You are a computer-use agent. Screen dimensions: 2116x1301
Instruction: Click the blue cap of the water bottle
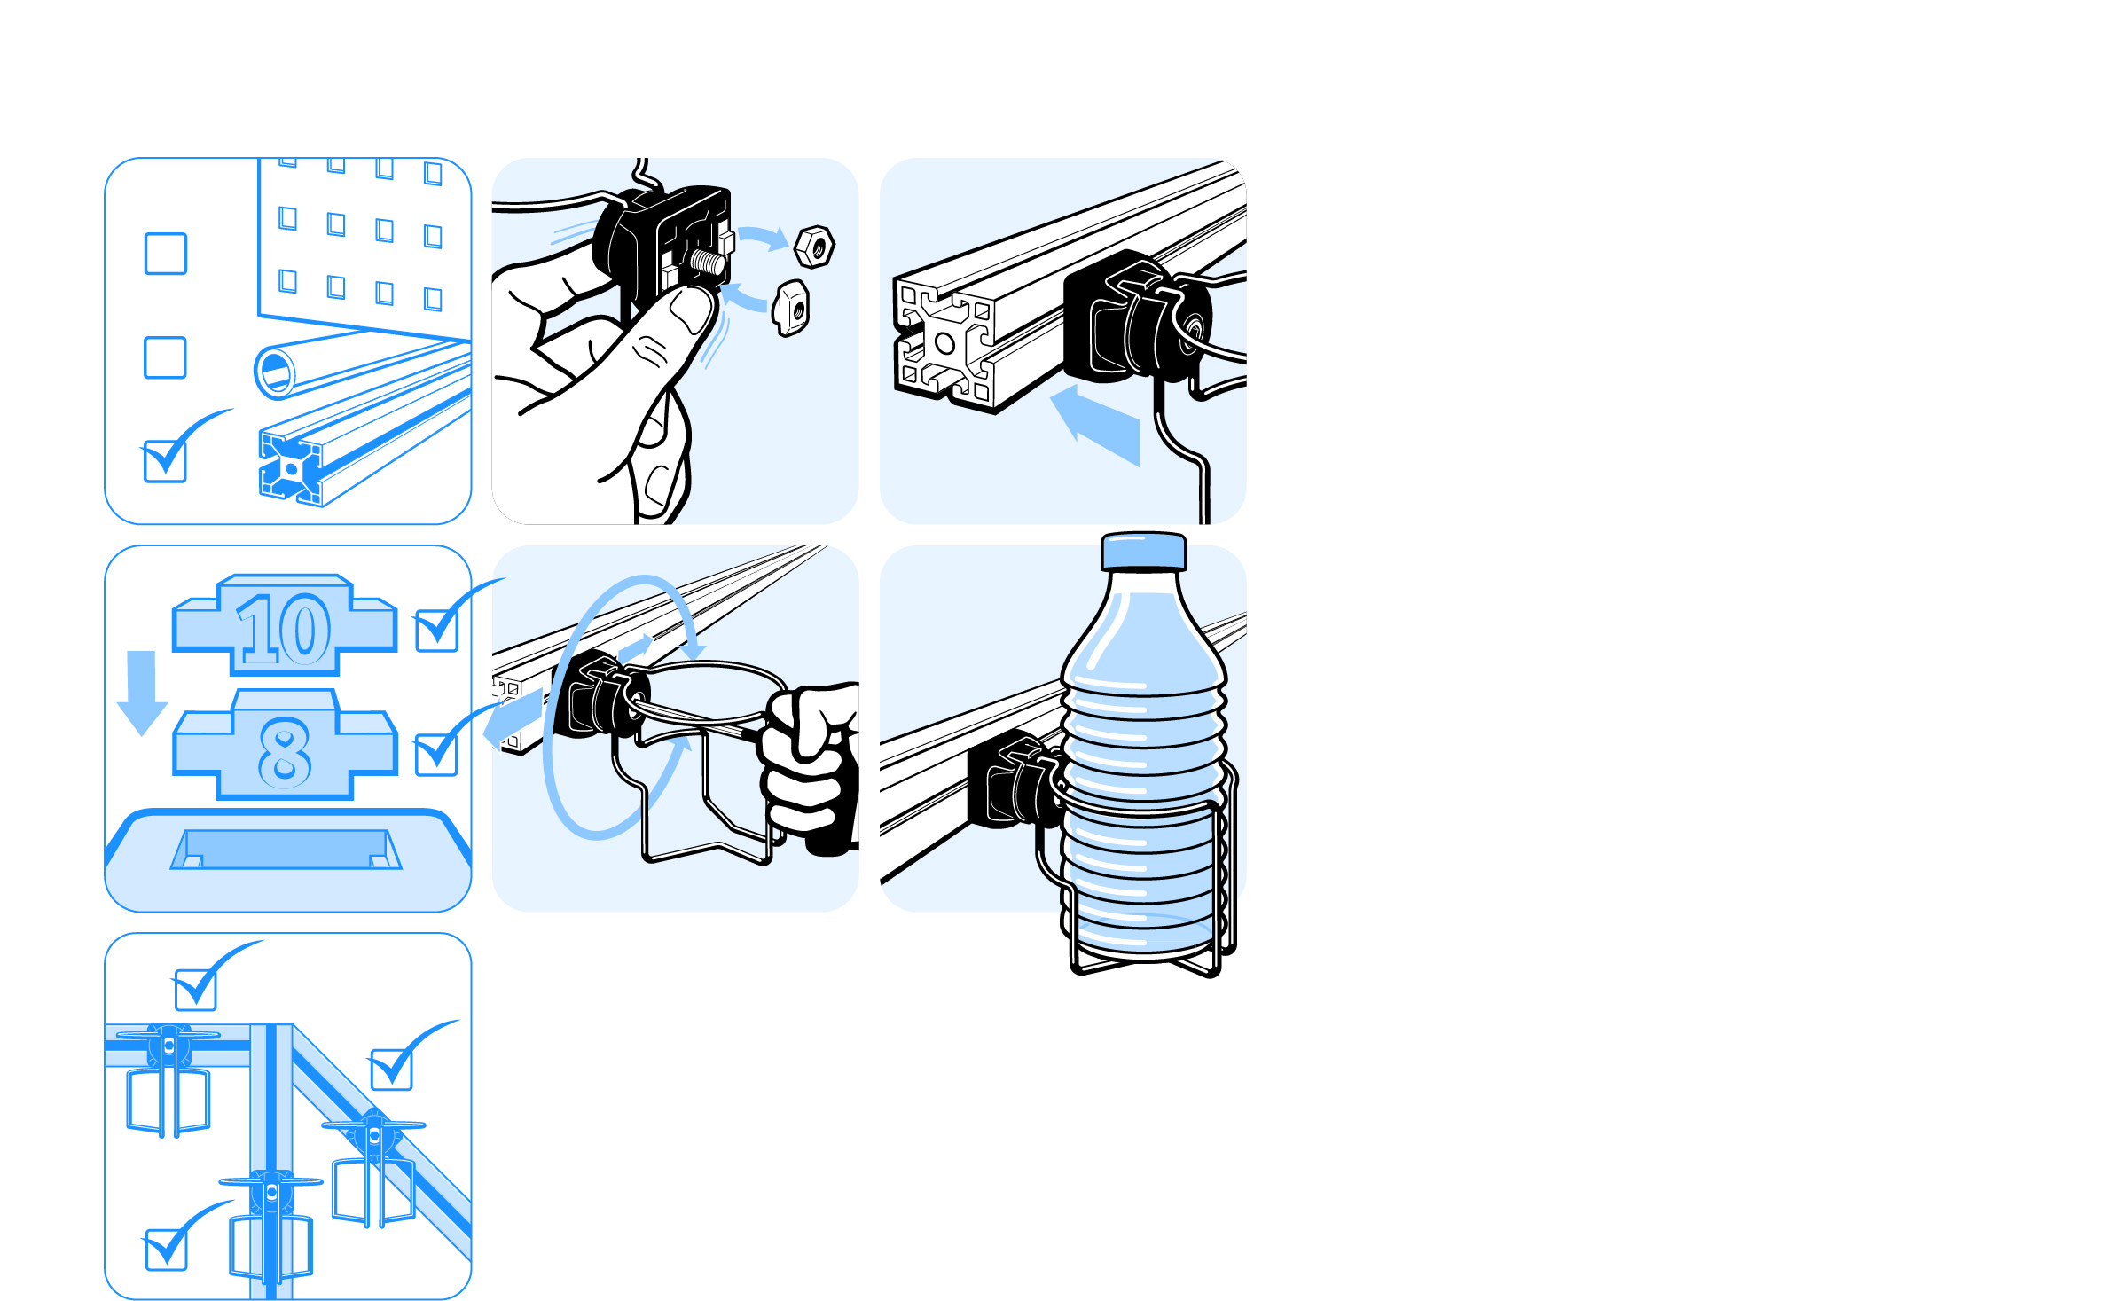(x=1143, y=551)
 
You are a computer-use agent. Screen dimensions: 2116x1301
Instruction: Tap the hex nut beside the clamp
(x=814, y=247)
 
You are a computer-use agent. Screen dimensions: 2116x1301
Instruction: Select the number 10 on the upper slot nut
(x=284, y=629)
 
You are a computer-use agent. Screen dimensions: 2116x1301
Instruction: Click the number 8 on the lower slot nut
(x=285, y=752)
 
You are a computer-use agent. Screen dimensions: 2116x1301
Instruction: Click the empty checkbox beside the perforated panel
(x=166, y=254)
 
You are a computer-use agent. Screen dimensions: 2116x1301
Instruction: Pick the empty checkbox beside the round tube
(x=165, y=357)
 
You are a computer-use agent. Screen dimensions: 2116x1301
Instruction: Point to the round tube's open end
(x=276, y=372)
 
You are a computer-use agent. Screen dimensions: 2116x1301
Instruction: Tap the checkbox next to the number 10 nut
(x=437, y=631)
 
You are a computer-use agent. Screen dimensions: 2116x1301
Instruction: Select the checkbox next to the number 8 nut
(x=436, y=755)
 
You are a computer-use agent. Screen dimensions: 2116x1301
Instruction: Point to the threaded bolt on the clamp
(x=709, y=263)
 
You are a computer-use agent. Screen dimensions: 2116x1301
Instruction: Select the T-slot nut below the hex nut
(x=790, y=308)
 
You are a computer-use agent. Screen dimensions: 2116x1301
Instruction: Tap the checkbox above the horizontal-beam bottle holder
(x=196, y=990)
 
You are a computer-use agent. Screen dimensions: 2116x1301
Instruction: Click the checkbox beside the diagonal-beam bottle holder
(x=392, y=1070)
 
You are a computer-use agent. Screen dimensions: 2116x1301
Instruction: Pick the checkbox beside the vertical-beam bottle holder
(x=166, y=1250)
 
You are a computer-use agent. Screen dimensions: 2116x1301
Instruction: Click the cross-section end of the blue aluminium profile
(x=291, y=468)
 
